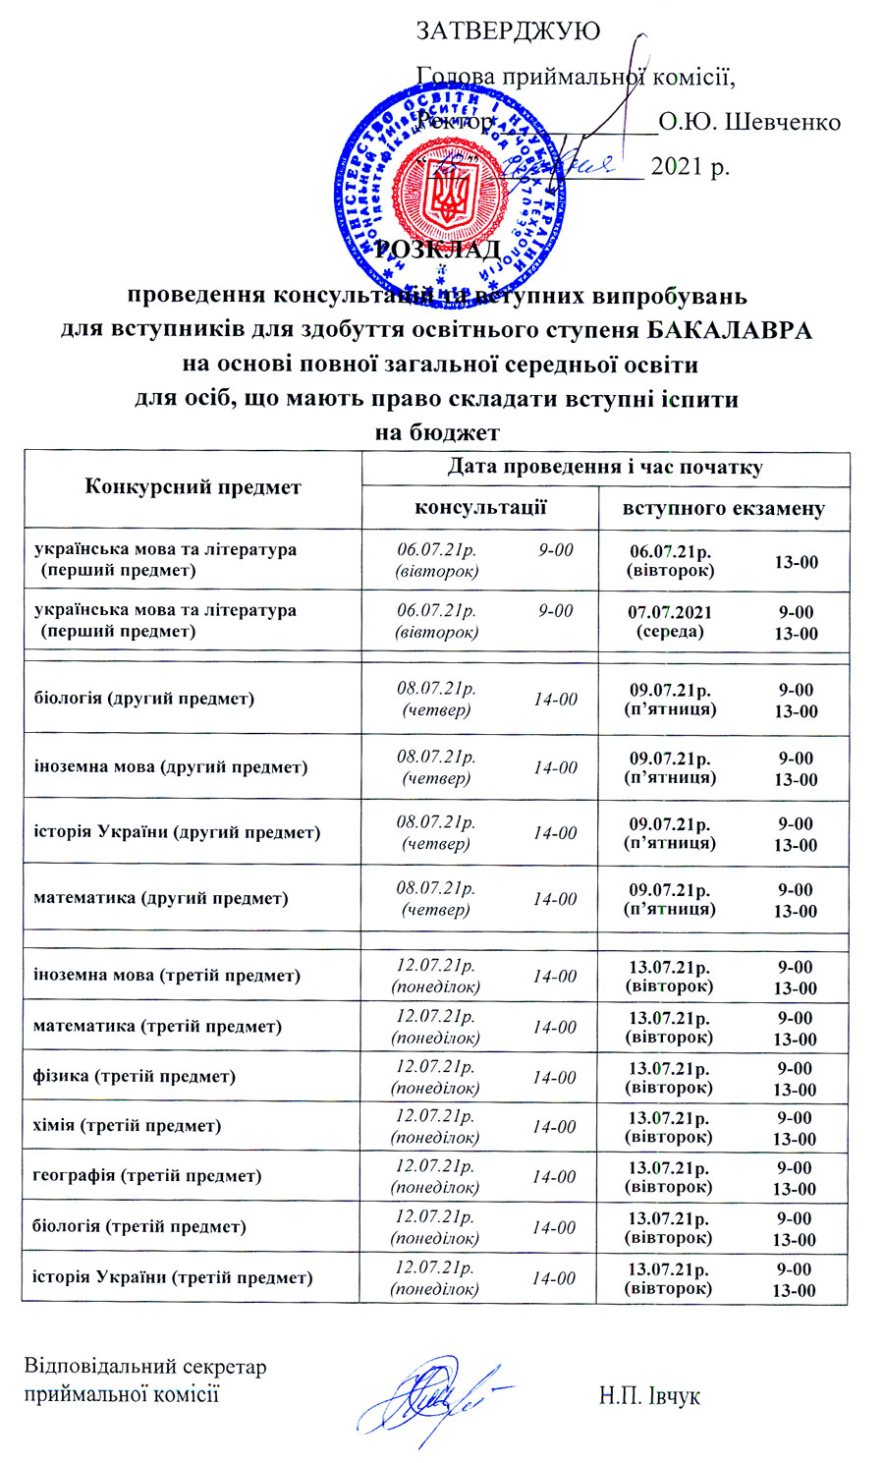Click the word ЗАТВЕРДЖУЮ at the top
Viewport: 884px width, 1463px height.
point(509,30)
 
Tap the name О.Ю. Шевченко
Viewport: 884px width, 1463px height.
point(749,123)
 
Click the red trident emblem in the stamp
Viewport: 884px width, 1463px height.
point(453,191)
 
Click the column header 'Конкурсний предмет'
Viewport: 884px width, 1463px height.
point(193,487)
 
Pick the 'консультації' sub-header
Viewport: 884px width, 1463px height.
point(480,508)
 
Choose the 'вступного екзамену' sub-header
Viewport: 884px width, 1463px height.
point(724,508)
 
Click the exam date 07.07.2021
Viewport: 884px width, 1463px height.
point(670,612)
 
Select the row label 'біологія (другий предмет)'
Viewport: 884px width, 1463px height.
point(144,699)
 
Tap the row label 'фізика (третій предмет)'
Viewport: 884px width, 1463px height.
point(135,1076)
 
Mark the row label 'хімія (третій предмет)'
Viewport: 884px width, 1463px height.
point(127,1126)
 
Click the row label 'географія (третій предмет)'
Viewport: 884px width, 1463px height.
point(147,1176)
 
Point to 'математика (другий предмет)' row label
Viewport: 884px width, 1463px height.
point(161,898)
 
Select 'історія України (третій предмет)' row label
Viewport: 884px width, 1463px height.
point(173,1277)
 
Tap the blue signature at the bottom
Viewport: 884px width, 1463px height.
point(432,1395)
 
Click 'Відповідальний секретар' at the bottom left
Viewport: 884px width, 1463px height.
point(145,1367)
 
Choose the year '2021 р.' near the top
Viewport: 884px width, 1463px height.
point(690,166)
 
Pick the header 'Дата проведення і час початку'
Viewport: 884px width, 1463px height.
point(605,468)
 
